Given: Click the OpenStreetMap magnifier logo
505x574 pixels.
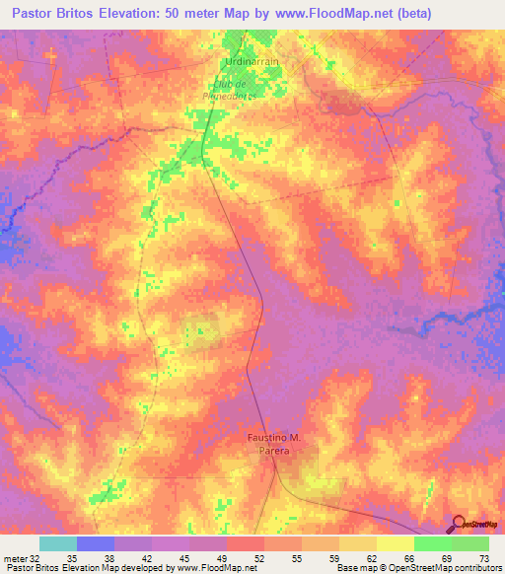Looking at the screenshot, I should click(x=458, y=526).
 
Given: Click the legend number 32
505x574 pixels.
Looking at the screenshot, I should click(x=37, y=558).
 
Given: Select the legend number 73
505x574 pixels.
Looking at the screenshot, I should click(x=484, y=558).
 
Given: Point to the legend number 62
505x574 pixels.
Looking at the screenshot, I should click(x=373, y=558).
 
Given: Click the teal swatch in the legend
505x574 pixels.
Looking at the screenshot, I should click(x=58, y=543).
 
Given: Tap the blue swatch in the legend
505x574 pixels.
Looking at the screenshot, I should click(x=96, y=543).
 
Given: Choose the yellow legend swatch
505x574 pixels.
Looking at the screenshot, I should click(x=395, y=543).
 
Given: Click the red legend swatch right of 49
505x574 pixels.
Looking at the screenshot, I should click(x=245, y=543).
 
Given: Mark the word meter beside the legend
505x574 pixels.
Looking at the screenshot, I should click(x=15, y=558).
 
